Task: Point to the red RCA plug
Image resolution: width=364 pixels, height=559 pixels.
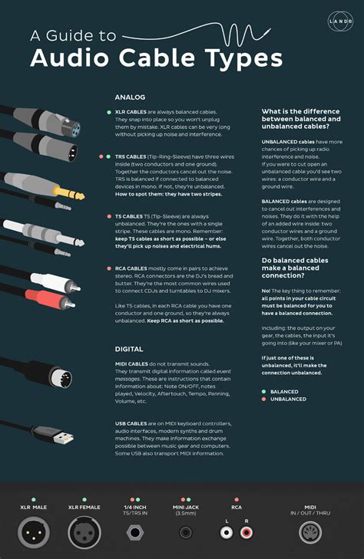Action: point(42,295)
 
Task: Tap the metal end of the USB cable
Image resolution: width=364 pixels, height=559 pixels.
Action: point(65,439)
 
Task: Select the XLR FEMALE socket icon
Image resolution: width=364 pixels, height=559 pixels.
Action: point(84,531)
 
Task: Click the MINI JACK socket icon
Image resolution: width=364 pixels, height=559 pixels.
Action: point(185,531)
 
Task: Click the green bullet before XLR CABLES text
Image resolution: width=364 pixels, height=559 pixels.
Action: point(109,113)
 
